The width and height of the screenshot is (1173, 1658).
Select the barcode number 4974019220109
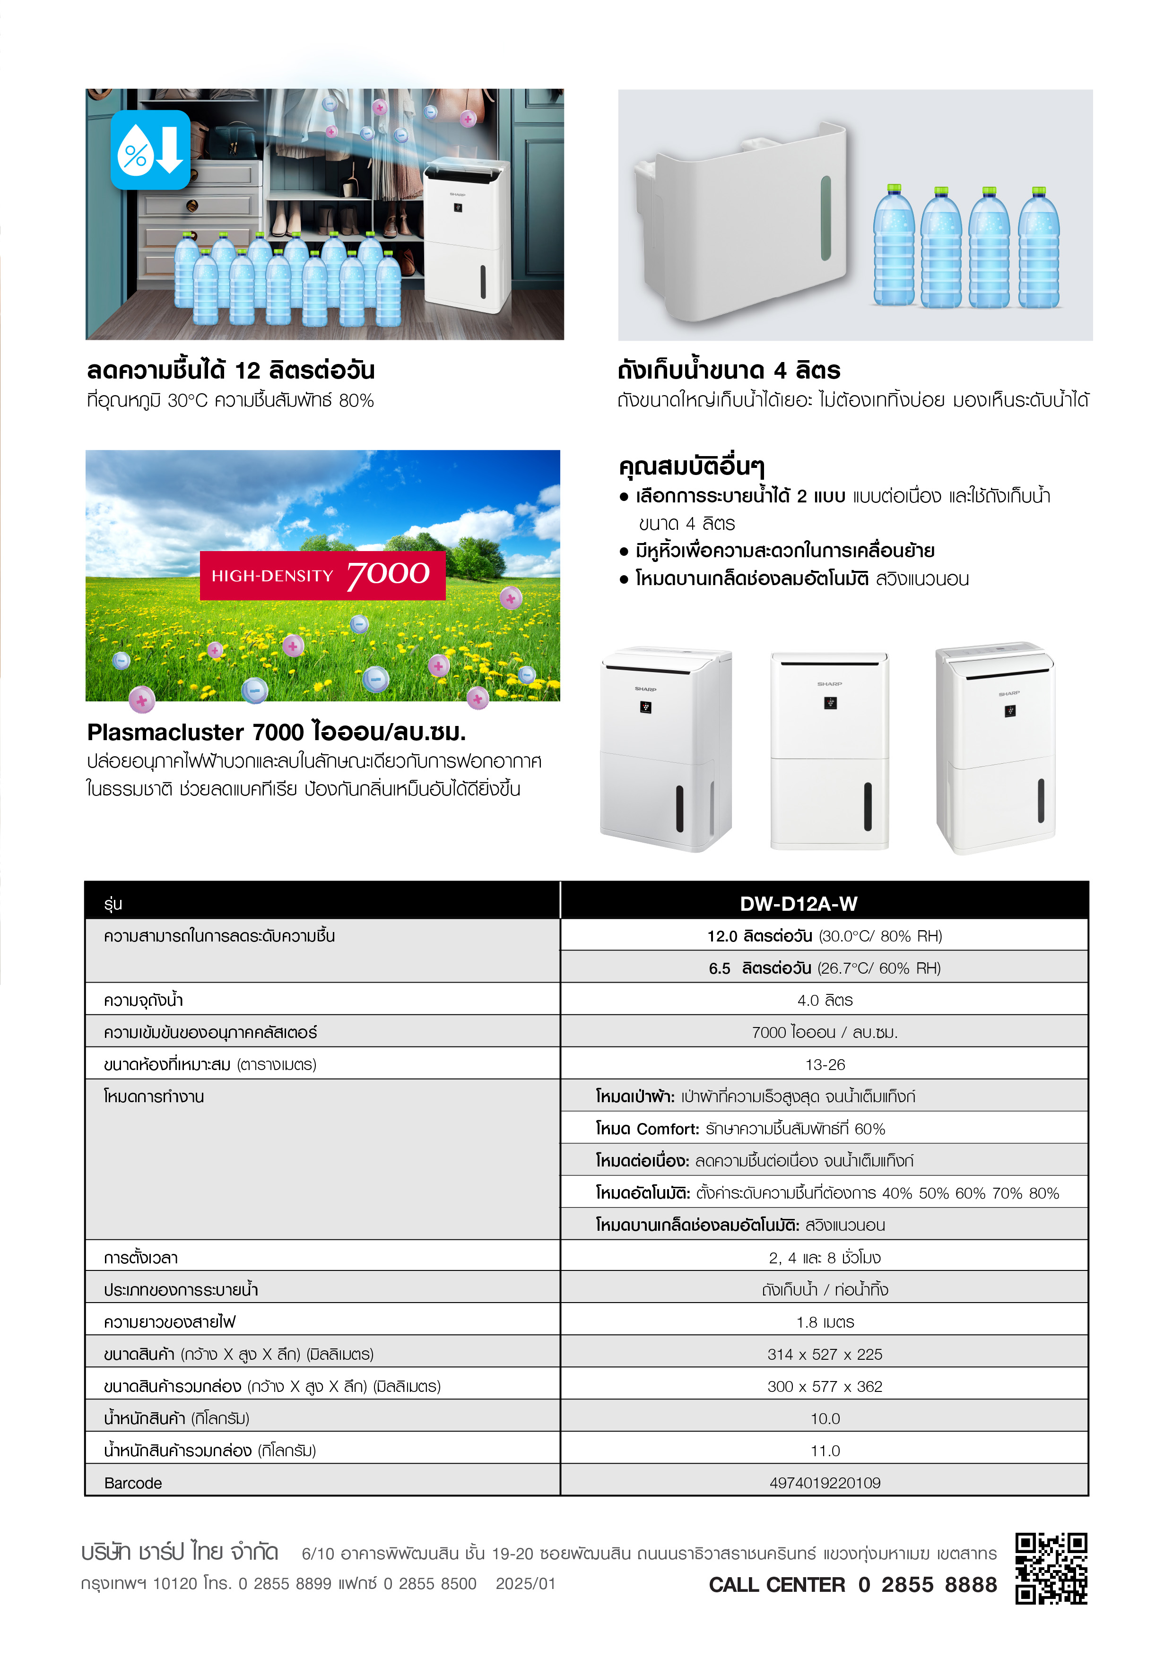(825, 1483)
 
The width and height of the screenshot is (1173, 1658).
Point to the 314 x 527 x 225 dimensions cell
(825, 1354)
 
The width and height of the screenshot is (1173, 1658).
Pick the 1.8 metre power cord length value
(825, 1322)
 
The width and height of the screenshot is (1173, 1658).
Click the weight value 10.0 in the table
(825, 1418)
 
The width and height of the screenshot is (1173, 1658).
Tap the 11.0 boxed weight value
(825, 1451)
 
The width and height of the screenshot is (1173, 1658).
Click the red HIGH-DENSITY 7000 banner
(322, 576)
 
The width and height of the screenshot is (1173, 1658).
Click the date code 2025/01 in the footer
(525, 1584)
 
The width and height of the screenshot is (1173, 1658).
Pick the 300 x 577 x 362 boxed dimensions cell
(825, 1387)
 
